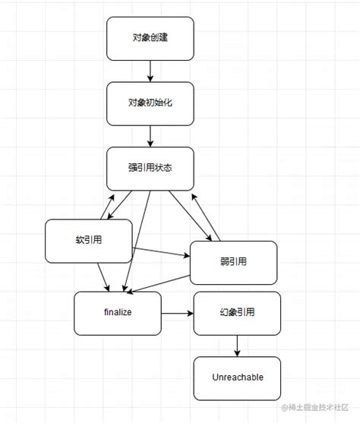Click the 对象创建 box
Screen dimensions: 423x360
click(x=150, y=38)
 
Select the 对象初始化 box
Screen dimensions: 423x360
click(x=150, y=103)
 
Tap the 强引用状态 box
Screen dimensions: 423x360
click(x=150, y=168)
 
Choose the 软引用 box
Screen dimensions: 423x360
click(x=89, y=241)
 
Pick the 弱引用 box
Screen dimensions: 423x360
click(x=232, y=262)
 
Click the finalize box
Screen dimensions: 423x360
click(x=118, y=312)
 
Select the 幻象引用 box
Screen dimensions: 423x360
click(x=237, y=312)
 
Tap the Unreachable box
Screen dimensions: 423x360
click(x=237, y=377)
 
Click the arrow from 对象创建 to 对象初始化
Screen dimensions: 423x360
click(x=150, y=71)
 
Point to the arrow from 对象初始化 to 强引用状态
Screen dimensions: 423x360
click(x=150, y=136)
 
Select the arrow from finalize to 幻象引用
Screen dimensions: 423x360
click(x=178, y=312)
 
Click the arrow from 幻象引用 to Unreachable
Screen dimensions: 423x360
click(x=237, y=346)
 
